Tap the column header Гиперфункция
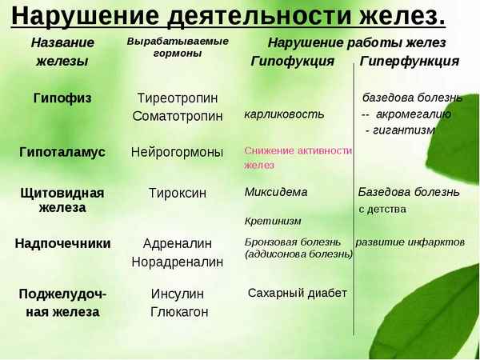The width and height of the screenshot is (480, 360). [409, 61]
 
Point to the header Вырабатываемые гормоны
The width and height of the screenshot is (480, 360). [178, 47]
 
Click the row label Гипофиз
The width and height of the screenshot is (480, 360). [62, 98]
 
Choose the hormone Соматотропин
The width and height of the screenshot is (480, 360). [178, 117]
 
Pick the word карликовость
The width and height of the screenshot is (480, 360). [284, 114]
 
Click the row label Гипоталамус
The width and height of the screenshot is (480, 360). [62, 152]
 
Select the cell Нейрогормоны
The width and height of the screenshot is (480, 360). [178, 152]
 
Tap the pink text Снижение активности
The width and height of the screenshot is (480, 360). [298, 150]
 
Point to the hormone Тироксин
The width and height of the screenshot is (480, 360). [178, 193]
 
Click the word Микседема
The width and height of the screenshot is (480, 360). [276, 192]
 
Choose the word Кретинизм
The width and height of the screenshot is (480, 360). [273, 220]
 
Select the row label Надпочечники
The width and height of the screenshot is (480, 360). [62, 243]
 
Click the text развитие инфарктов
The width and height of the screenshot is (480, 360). [410, 242]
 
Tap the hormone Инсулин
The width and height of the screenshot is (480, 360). [178, 294]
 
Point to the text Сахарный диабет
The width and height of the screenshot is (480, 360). [297, 293]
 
